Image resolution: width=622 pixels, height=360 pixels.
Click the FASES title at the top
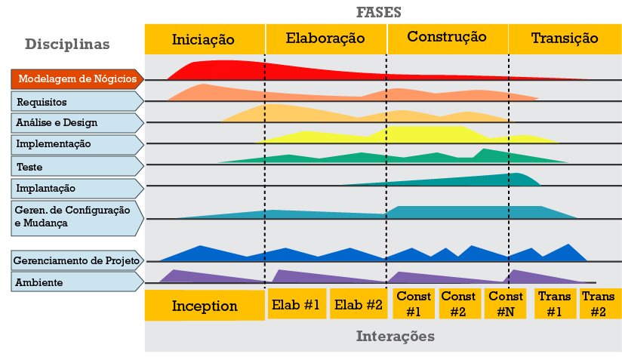(378, 13)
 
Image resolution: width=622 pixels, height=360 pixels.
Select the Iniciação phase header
(204, 38)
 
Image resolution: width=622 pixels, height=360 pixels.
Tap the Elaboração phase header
(325, 38)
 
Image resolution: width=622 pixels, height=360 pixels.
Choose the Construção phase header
(447, 38)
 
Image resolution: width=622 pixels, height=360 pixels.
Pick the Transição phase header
(565, 38)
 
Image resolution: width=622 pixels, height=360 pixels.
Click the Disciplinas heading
(67, 45)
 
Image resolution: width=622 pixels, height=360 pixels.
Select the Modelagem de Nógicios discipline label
(75, 79)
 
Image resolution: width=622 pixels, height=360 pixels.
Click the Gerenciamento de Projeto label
(75, 261)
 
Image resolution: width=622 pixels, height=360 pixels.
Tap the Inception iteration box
(205, 306)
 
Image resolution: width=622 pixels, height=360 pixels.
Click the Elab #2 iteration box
(359, 304)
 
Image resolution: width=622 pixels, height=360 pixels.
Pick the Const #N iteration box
(506, 304)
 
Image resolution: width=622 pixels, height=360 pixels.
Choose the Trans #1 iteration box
(555, 304)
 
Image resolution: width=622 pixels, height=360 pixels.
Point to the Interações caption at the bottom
(395, 337)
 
